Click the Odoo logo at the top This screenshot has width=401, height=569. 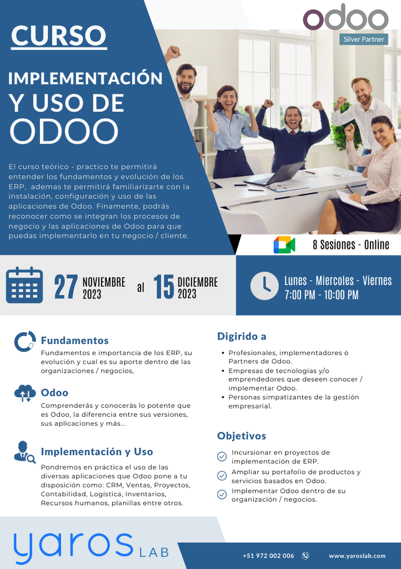point(345,18)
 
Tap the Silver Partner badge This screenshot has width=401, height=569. point(364,39)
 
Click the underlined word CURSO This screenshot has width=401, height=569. point(58,36)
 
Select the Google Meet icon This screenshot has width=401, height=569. point(284,244)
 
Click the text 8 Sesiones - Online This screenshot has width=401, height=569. point(350,244)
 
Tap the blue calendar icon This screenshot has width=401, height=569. point(24,286)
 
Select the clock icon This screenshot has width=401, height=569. point(264,286)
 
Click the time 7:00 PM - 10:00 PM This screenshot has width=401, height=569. point(321,295)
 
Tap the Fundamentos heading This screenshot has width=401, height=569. point(74,341)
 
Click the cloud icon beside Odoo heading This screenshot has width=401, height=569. point(25,393)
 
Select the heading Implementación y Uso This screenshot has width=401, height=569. point(97,452)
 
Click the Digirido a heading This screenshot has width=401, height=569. point(242,336)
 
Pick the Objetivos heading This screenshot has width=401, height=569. point(242,436)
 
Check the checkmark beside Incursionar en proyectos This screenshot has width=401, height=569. point(222,457)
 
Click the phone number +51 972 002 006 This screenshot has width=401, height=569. point(268,556)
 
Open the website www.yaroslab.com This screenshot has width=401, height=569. point(357,556)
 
